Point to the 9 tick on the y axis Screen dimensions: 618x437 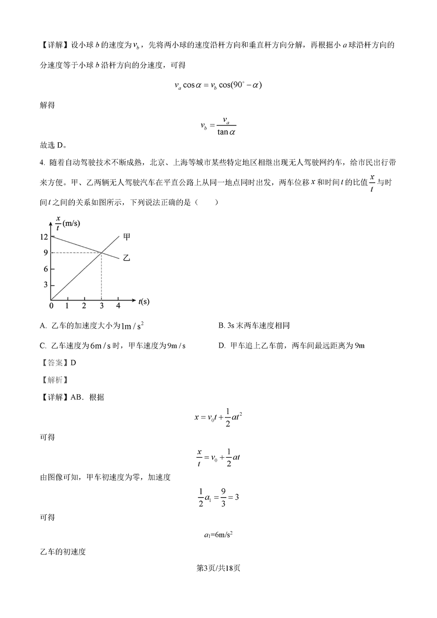click(x=45, y=252)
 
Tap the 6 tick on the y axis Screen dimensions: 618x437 click(x=45, y=268)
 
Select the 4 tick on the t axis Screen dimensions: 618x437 click(x=118, y=305)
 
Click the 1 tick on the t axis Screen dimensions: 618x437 click(x=67, y=305)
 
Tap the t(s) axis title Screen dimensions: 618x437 click(x=144, y=301)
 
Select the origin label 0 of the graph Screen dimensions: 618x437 click(x=51, y=305)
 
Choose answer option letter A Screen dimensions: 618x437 click(x=43, y=326)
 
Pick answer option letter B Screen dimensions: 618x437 click(x=221, y=326)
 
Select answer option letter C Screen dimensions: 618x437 click(x=43, y=346)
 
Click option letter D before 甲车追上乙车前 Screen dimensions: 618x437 click(x=221, y=346)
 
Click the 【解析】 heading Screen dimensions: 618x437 click(x=53, y=380)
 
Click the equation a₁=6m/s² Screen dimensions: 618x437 click(x=218, y=534)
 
